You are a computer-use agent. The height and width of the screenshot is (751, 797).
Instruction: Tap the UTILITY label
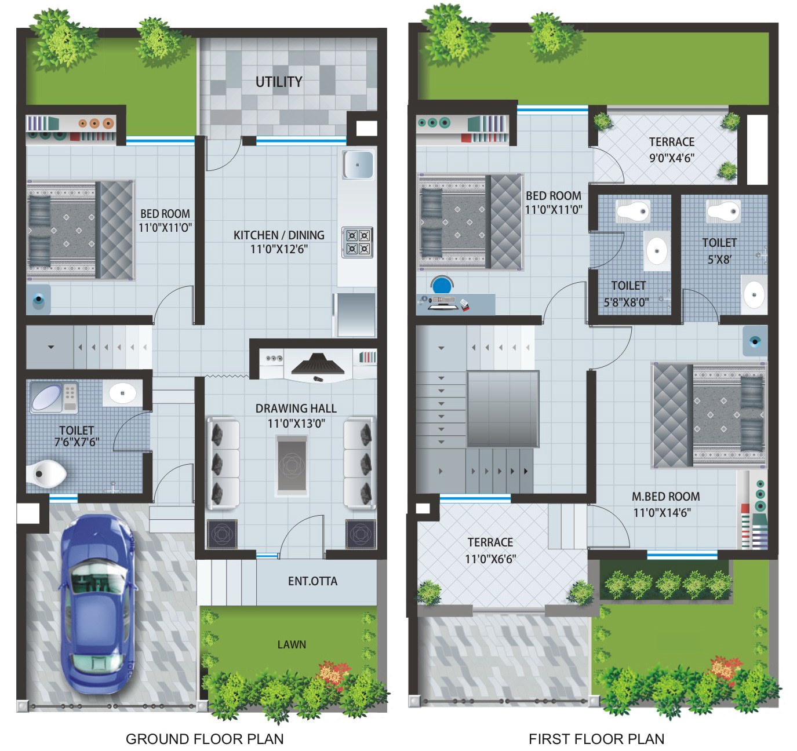click(279, 82)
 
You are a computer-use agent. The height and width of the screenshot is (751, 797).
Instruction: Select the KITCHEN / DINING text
click(279, 235)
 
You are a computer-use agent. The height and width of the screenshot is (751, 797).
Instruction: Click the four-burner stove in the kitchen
click(357, 242)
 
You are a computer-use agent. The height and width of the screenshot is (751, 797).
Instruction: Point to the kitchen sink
click(358, 164)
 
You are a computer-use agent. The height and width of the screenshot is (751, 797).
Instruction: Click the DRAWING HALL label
click(296, 409)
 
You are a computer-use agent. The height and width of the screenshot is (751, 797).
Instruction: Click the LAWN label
click(292, 644)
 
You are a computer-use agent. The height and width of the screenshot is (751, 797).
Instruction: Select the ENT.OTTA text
click(312, 581)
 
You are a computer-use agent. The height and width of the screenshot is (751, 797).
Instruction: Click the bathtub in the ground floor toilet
click(46, 396)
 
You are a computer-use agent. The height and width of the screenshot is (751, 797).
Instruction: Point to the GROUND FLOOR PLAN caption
click(205, 739)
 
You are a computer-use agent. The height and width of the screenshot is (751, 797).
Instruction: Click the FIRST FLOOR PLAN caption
click(596, 739)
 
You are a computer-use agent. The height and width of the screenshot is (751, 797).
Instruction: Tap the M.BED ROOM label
click(665, 497)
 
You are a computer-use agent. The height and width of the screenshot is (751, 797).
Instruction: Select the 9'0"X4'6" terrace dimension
click(671, 158)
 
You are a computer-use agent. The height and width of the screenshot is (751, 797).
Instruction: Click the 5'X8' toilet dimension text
click(719, 260)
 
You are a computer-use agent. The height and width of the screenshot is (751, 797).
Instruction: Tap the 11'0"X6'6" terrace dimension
click(490, 559)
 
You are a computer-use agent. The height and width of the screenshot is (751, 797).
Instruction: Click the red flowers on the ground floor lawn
click(333, 672)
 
